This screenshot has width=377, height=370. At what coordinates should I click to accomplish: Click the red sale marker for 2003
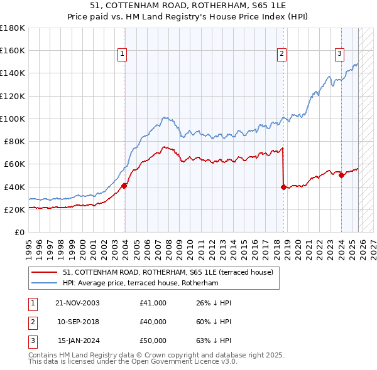[x=124, y=186]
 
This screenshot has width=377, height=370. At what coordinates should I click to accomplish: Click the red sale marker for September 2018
[x=283, y=187]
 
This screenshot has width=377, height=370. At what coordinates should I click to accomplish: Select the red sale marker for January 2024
[x=341, y=176]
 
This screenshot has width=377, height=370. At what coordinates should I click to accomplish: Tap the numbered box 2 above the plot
[x=282, y=54]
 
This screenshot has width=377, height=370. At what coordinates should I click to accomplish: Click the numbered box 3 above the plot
[x=339, y=54]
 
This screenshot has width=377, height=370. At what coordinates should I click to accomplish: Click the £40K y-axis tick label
[x=14, y=187]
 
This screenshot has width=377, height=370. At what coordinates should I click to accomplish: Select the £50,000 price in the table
[x=153, y=341]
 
